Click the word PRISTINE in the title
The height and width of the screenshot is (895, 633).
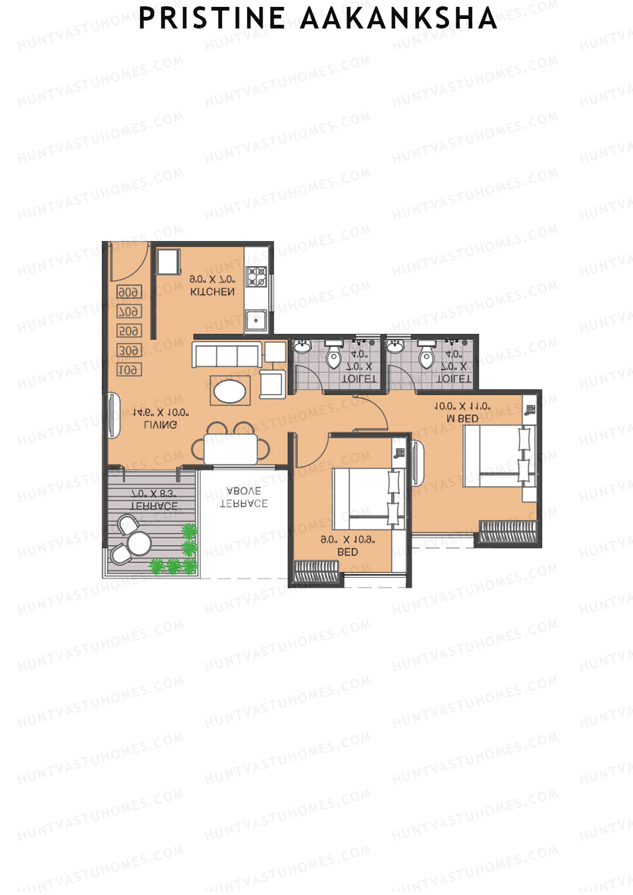[x=212, y=18]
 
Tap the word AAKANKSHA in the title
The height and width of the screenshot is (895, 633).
[x=399, y=18]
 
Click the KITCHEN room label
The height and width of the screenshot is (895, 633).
[x=212, y=291]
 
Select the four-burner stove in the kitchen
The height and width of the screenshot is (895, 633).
[x=257, y=277]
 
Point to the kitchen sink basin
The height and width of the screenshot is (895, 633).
[x=256, y=320]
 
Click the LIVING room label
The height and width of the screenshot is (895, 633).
[x=160, y=425]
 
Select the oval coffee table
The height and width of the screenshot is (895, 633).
[x=229, y=391]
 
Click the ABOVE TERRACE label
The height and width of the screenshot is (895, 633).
[x=243, y=497]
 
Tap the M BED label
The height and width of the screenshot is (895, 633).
[x=463, y=419]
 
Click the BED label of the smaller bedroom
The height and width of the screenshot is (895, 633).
[x=348, y=552]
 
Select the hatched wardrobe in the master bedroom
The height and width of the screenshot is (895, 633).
[x=508, y=531]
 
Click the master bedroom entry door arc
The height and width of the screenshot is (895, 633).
[x=376, y=414]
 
